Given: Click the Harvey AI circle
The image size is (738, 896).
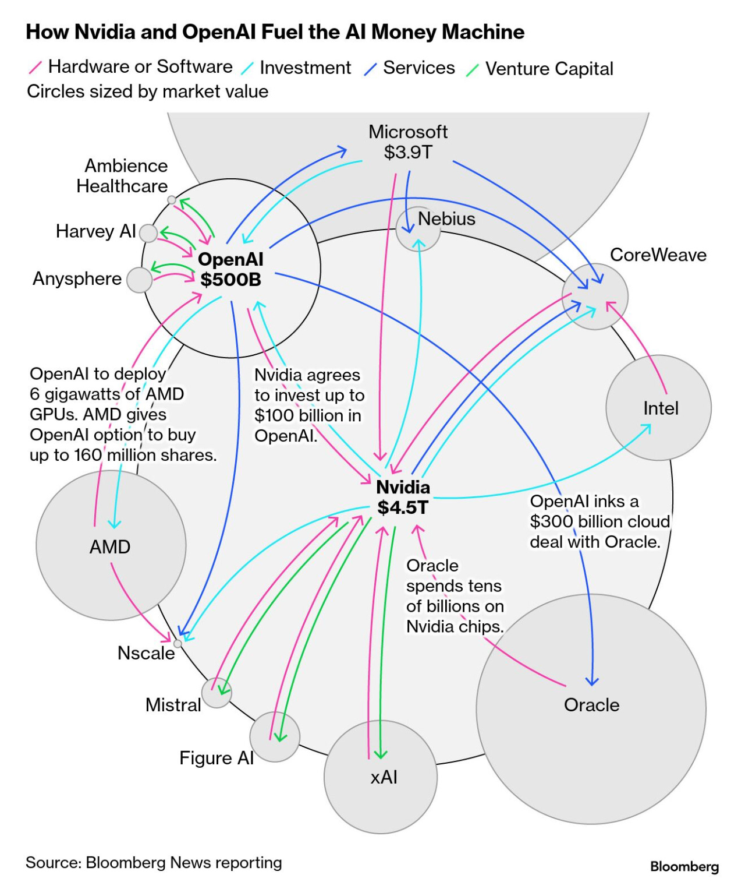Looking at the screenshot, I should [x=148, y=233].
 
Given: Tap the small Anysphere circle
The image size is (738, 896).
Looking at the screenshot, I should [x=139, y=280].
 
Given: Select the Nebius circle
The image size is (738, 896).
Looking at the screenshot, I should [x=418, y=229].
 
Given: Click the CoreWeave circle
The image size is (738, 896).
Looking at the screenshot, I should [x=595, y=297].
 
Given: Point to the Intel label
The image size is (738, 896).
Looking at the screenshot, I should [x=661, y=408].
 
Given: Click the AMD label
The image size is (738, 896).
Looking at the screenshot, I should [x=110, y=547].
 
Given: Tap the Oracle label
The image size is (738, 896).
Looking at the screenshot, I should [x=591, y=705].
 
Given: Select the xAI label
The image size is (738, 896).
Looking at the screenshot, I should [x=384, y=777].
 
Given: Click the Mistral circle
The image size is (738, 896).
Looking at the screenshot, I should [x=217, y=693].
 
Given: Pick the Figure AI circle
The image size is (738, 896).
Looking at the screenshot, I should [x=275, y=737].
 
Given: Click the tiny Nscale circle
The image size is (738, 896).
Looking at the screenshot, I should [x=178, y=644].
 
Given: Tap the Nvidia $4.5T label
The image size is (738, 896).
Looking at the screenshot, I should [x=403, y=498].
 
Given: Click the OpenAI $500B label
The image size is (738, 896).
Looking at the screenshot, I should [x=230, y=269].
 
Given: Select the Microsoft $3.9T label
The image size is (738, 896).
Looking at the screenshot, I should [x=408, y=142].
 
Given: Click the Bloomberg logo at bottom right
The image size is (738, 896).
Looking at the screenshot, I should [x=684, y=867].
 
